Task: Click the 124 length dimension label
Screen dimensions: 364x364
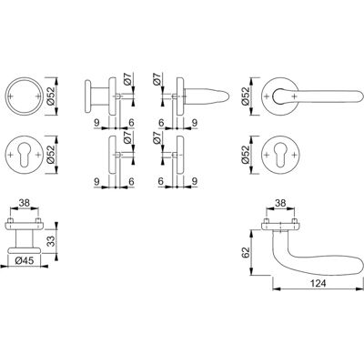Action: [x=318, y=283]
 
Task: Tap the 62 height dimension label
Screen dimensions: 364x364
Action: [x=247, y=252]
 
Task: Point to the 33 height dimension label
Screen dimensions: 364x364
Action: [x=51, y=241]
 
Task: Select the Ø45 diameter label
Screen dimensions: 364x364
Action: [x=24, y=260]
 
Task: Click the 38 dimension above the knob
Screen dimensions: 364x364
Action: [x=25, y=203]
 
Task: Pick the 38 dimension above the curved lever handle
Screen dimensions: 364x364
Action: [x=280, y=203]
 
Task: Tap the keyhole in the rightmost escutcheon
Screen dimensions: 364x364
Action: [x=280, y=155]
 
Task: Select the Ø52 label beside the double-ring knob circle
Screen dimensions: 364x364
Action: [x=51, y=96]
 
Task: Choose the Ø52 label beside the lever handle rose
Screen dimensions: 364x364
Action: [x=246, y=96]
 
